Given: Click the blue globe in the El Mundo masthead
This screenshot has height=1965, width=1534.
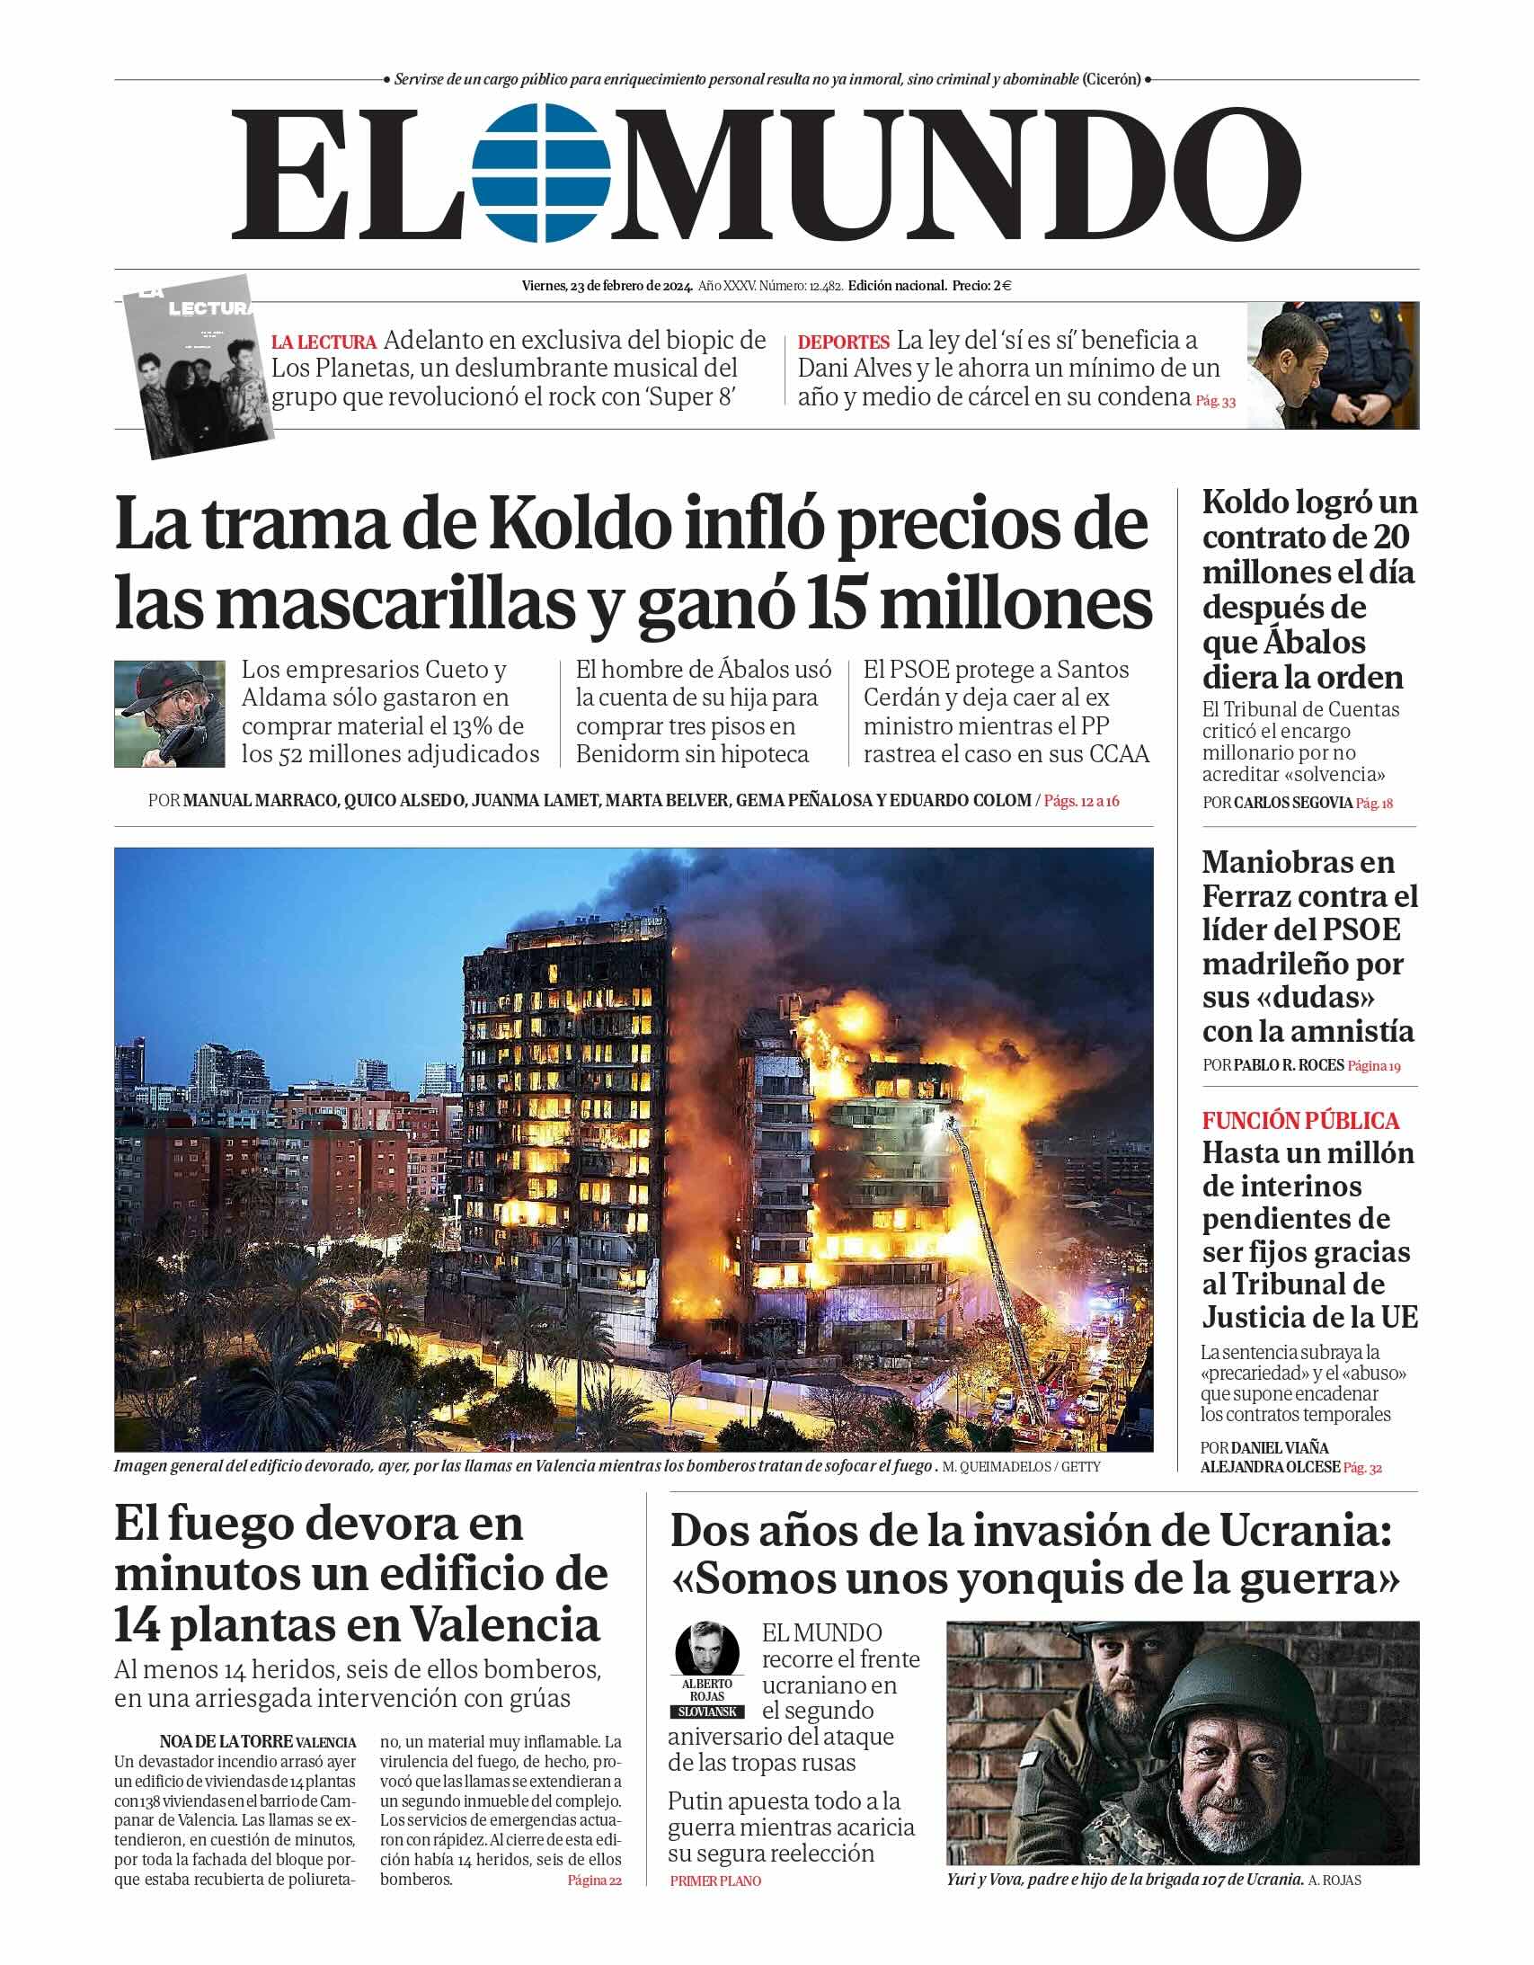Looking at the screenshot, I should point(542,173).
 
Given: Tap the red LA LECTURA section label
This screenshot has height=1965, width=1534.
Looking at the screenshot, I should point(324,342).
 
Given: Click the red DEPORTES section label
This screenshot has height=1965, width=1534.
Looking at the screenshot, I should point(843,342).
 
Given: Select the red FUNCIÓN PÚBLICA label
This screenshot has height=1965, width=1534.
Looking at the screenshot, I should point(1300,1121).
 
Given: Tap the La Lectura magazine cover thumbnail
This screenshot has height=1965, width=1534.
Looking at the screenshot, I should point(199,365).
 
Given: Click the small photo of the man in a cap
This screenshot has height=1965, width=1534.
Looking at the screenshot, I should point(169,714).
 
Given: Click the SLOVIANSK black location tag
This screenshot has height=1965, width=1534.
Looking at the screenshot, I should point(707,1712).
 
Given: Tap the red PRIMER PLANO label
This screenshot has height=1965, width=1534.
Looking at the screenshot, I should point(715,1881).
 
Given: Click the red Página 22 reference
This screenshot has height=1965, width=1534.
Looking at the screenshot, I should point(594,1880).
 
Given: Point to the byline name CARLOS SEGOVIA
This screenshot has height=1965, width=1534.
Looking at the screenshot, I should point(1292,803).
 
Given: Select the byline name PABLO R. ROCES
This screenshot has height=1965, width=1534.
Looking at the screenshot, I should point(1289,1065).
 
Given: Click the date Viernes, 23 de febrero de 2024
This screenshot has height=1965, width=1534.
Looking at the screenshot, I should point(607,286).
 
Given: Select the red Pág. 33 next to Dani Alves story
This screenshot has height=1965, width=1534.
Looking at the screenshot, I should point(1215,401).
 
